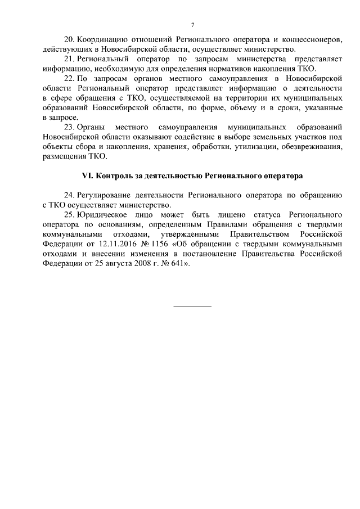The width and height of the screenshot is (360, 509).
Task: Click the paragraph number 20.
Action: pyautogui.click(x=69, y=40)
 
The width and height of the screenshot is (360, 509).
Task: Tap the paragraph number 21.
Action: pyautogui.click(x=69, y=59)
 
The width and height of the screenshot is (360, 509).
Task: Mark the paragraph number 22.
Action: pyautogui.click(x=69, y=78)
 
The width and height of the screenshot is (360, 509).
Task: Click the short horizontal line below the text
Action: pyautogui.click(x=192, y=305)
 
